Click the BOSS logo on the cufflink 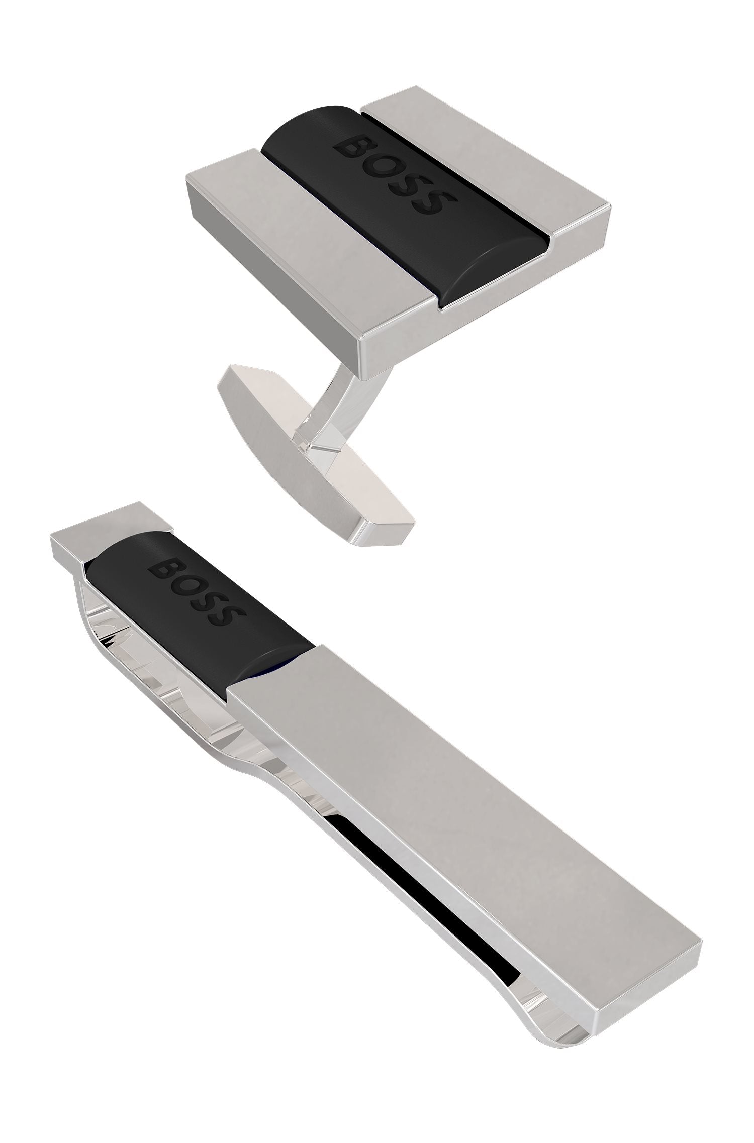click(x=390, y=176)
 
